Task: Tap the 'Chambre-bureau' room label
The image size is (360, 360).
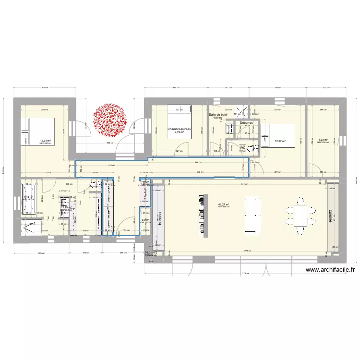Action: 180,129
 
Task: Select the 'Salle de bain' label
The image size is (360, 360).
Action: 218,115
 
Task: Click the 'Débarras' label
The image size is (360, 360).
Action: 246,123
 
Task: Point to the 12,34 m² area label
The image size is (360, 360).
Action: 46,141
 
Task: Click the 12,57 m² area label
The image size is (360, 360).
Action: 280,141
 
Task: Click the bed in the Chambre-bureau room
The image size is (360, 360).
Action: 180,117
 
